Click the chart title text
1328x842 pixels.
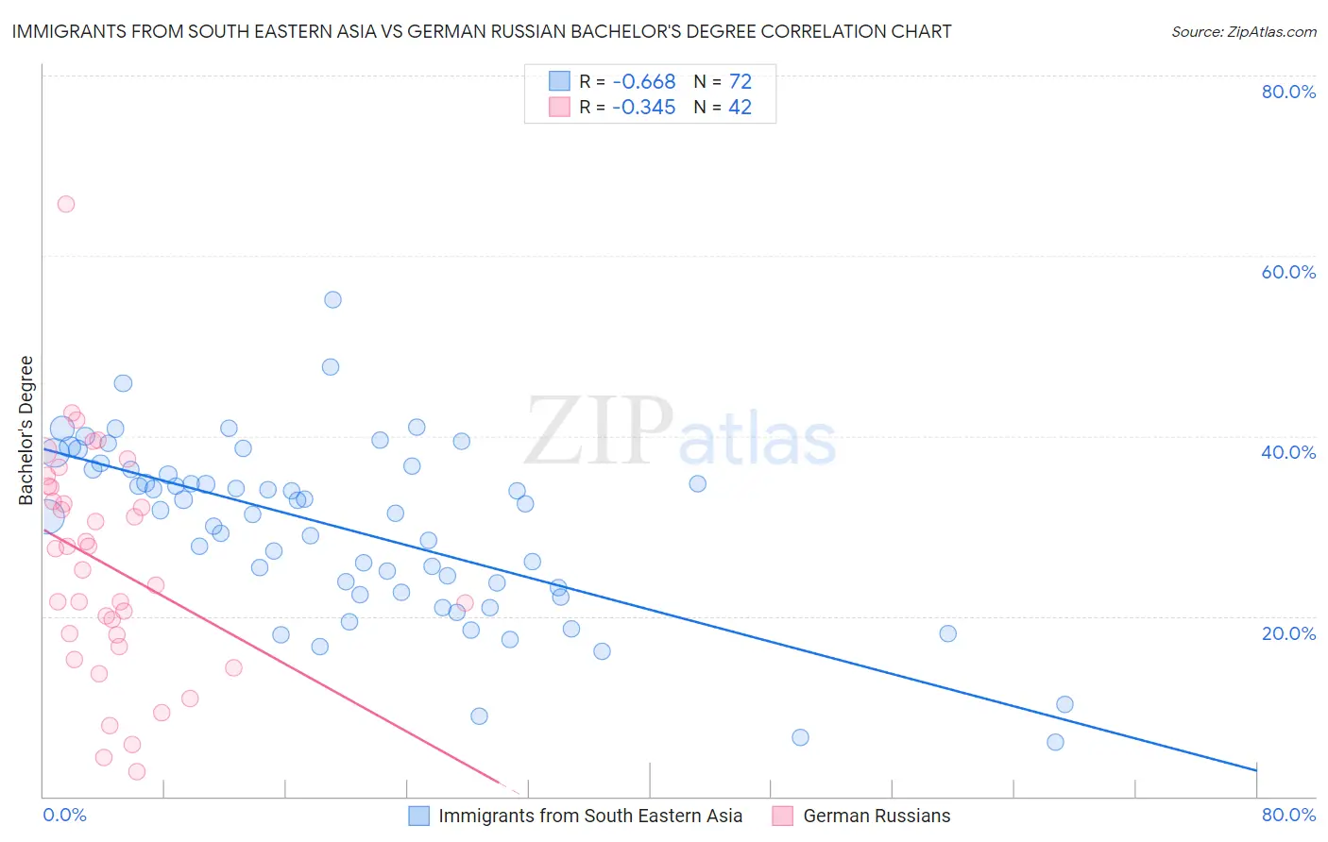(x=481, y=31)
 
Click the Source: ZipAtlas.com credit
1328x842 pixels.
(x=1243, y=31)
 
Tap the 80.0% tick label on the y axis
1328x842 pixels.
(x=1288, y=92)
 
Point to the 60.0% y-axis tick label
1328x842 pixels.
(x=1288, y=272)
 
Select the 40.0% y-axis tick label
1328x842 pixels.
(x=1288, y=452)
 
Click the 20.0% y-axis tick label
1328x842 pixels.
(x=1288, y=632)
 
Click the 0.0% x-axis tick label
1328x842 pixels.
(x=64, y=815)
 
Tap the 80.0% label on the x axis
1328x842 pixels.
(x=1288, y=815)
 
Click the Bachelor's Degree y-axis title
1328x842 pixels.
(x=26, y=430)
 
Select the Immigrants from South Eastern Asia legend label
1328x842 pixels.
(x=590, y=816)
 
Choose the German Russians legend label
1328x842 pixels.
(x=877, y=816)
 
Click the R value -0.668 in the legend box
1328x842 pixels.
(x=643, y=82)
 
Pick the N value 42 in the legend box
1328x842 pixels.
(x=740, y=108)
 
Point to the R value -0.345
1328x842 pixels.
(x=643, y=108)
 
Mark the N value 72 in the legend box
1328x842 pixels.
(x=740, y=82)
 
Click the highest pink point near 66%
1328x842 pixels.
(x=66, y=204)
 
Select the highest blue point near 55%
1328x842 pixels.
(x=332, y=299)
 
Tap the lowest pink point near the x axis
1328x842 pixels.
(x=137, y=771)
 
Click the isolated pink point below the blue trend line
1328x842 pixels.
(x=465, y=602)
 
